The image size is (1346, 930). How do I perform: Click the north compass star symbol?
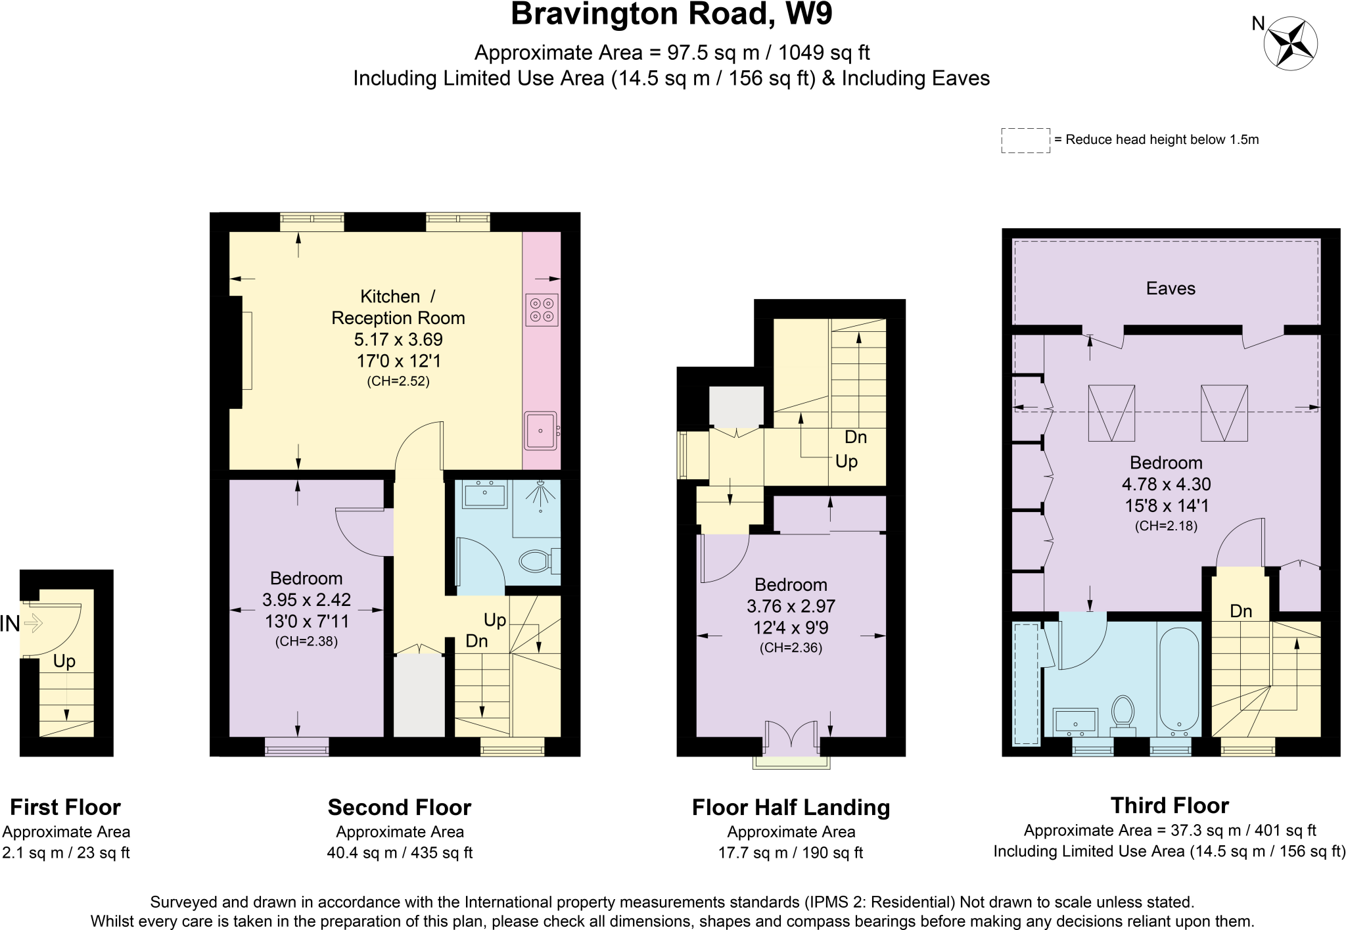tap(1291, 43)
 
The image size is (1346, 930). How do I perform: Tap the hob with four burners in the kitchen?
tap(542, 310)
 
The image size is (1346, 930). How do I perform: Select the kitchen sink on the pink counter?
tap(540, 430)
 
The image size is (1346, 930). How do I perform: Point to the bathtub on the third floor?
tap(1179, 681)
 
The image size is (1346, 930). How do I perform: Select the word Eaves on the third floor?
tap(1171, 289)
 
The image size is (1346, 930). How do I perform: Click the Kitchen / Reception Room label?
tap(398, 307)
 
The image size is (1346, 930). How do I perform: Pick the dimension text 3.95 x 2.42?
tap(306, 599)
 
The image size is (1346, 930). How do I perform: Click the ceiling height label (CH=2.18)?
tap(1166, 526)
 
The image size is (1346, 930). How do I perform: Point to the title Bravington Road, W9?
tap(672, 14)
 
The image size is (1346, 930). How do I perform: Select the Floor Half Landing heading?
tap(791, 807)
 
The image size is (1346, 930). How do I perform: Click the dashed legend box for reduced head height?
tap(1025, 141)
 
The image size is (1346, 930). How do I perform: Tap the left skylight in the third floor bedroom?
tap(1111, 413)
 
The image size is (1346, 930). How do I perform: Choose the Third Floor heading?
tap(1170, 805)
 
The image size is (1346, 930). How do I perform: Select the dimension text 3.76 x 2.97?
tap(791, 606)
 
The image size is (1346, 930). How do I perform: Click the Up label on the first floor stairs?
tap(64, 662)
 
